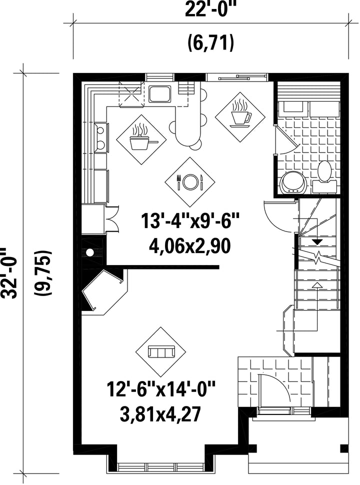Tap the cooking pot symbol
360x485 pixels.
point(141,139)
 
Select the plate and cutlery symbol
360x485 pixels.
point(189,182)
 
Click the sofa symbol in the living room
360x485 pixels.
point(161,351)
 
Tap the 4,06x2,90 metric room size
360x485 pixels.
point(190,246)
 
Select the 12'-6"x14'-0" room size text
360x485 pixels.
point(161,389)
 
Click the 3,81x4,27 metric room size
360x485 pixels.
point(160,414)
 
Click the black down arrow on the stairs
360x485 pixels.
point(317,242)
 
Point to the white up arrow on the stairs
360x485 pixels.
point(316,285)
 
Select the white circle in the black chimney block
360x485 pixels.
point(90,252)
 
